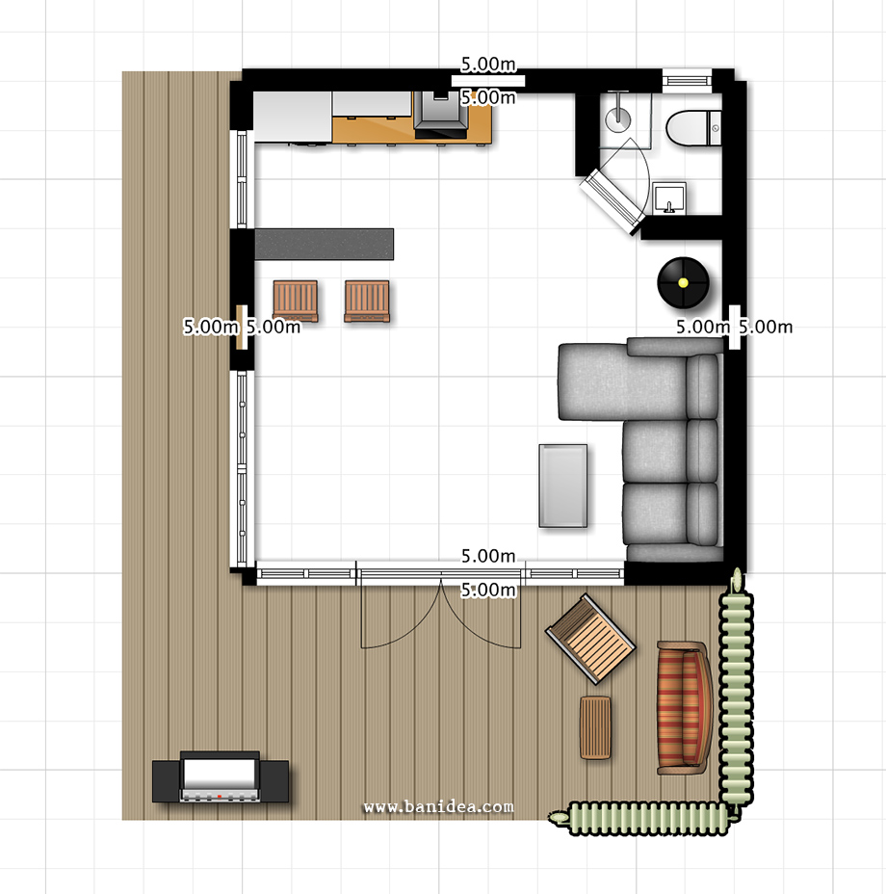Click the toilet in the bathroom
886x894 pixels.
693,128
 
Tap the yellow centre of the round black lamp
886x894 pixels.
683,282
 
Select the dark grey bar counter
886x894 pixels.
324,244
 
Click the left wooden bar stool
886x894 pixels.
296,301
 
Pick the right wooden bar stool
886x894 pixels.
367,301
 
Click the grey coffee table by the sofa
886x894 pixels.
562,486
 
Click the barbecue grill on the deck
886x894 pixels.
221,777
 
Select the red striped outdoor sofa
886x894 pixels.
684,707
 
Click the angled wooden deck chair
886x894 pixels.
590,639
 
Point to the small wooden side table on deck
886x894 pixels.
595,727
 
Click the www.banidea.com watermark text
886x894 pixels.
438,806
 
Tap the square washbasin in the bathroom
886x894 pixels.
669,197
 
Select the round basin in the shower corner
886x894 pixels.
618,116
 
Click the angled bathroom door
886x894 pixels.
612,200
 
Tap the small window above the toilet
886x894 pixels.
687,78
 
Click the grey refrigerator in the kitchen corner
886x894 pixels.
293,117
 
